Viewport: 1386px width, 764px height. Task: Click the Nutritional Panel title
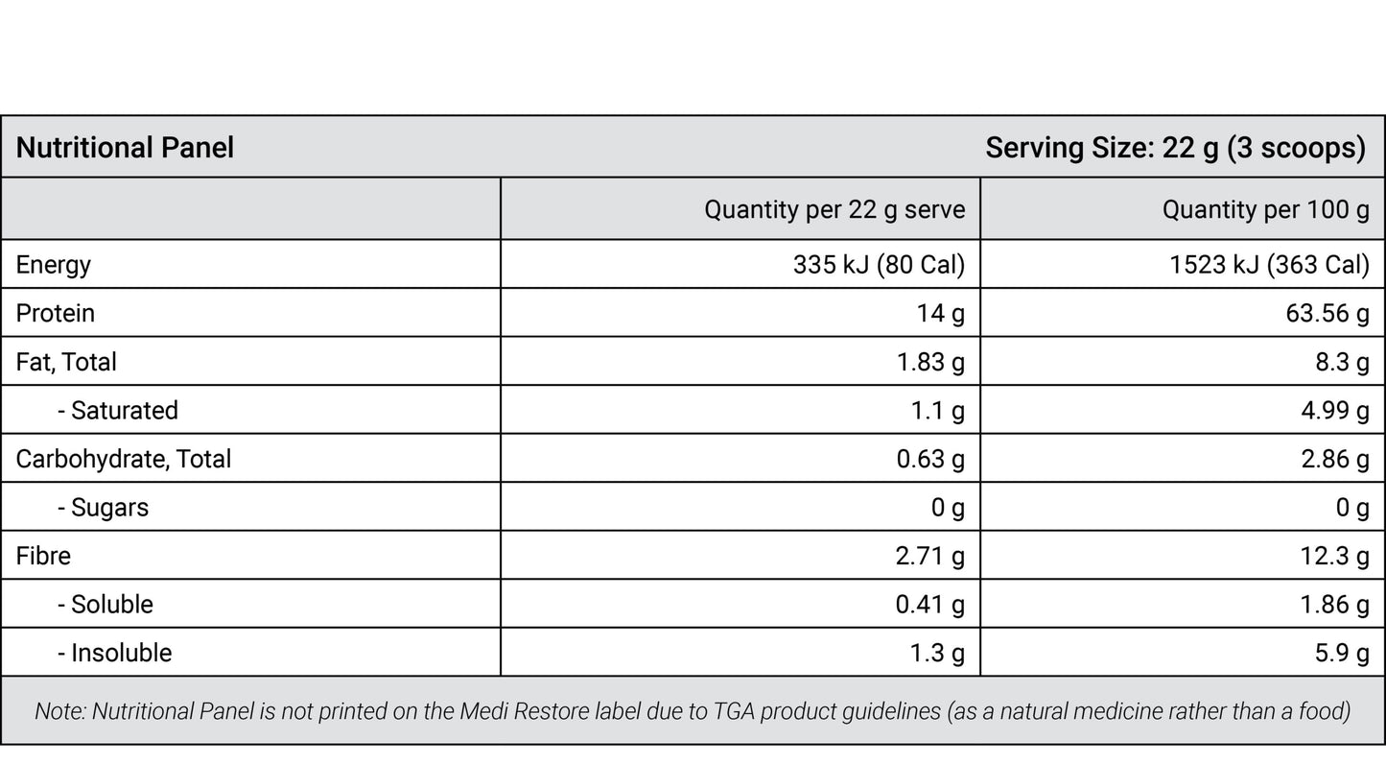125,148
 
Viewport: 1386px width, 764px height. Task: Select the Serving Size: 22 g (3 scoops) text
1176,149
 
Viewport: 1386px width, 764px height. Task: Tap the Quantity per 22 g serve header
834,210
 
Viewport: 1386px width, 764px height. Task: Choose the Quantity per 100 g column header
1266,210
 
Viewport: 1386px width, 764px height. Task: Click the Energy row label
53,265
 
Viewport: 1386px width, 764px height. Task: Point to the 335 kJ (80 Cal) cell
880,265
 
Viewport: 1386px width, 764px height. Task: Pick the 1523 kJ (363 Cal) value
1270,265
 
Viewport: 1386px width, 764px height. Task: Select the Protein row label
55,313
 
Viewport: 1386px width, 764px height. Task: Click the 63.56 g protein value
1327,313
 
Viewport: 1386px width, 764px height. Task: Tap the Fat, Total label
66,362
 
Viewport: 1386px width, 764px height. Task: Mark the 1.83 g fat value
930,362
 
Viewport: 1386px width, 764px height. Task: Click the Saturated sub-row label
118,411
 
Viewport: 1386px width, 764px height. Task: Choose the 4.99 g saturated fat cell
1335,411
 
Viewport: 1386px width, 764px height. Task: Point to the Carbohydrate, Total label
124,460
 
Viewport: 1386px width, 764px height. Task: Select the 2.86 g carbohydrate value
1335,460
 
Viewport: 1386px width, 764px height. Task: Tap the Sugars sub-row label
104,508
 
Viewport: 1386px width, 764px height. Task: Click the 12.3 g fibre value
1334,556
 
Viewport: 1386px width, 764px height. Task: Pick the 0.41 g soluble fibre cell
930,605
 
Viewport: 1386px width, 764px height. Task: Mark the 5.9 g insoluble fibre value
1343,654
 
